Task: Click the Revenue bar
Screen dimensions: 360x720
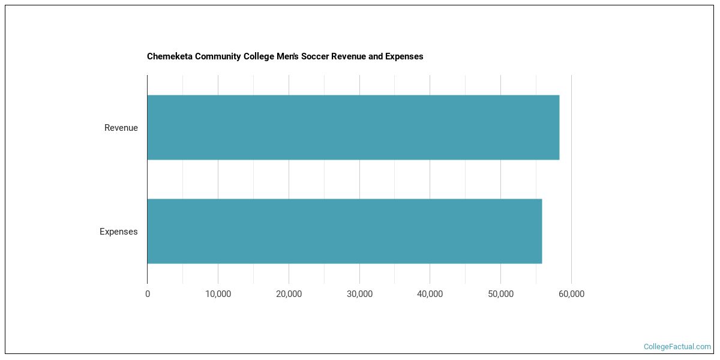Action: click(353, 127)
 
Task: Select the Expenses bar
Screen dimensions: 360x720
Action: click(344, 231)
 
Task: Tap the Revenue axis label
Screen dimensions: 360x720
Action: click(121, 128)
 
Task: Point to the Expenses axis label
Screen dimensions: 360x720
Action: click(118, 232)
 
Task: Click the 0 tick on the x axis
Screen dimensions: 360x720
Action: click(148, 294)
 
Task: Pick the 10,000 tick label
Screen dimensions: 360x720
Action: click(218, 294)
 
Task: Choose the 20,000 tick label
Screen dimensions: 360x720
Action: click(289, 294)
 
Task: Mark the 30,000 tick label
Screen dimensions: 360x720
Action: click(359, 294)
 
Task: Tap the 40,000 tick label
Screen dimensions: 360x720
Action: click(430, 294)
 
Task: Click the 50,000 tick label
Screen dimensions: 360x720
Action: click(500, 294)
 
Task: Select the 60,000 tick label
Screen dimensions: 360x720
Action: click(571, 294)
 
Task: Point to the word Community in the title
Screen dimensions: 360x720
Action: click(218, 56)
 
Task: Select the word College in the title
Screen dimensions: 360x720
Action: click(259, 56)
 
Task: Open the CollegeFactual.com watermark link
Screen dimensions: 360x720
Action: click(677, 347)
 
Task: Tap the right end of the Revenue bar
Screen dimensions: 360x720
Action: click(558, 127)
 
